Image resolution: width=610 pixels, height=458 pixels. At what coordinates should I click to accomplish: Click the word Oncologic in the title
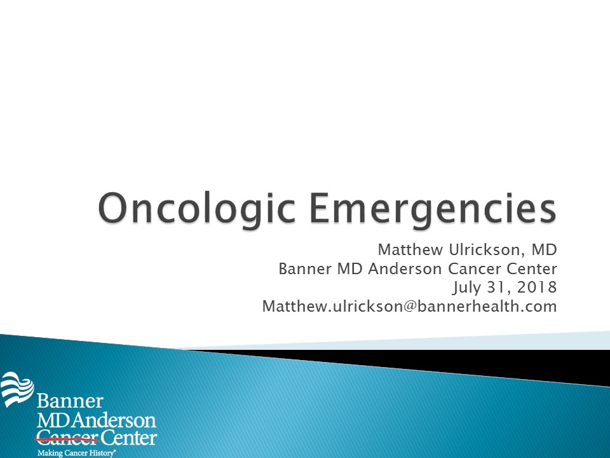[196, 209]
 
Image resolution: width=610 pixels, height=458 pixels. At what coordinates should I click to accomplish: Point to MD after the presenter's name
[545, 249]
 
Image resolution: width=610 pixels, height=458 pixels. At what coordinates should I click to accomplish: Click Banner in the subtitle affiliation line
[305, 268]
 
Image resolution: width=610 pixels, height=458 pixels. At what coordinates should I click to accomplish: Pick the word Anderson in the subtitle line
[405, 268]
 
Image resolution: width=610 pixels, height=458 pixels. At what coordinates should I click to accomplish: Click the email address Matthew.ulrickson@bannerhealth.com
[410, 306]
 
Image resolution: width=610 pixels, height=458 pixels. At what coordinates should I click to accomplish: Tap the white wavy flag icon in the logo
[17, 389]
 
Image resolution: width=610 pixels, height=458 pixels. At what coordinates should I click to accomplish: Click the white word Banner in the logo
[70, 401]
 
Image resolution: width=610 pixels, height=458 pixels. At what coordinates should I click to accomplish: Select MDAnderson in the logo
[97, 420]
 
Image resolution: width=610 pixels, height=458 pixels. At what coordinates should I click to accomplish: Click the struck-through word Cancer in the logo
[68, 438]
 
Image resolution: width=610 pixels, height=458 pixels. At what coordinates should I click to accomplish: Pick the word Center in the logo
[129, 438]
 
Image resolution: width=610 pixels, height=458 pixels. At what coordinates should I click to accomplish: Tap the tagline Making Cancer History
[76, 453]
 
